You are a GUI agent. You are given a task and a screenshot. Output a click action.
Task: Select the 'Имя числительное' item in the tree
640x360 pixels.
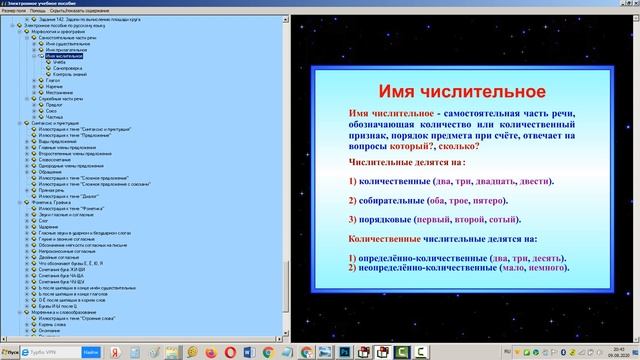(x=62, y=56)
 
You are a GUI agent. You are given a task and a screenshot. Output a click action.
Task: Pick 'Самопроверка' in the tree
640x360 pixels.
(x=69, y=69)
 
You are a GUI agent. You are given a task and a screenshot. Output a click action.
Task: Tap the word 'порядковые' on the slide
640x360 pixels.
(x=391, y=219)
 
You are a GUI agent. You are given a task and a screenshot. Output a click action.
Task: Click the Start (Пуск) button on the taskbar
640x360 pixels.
(x=13, y=353)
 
